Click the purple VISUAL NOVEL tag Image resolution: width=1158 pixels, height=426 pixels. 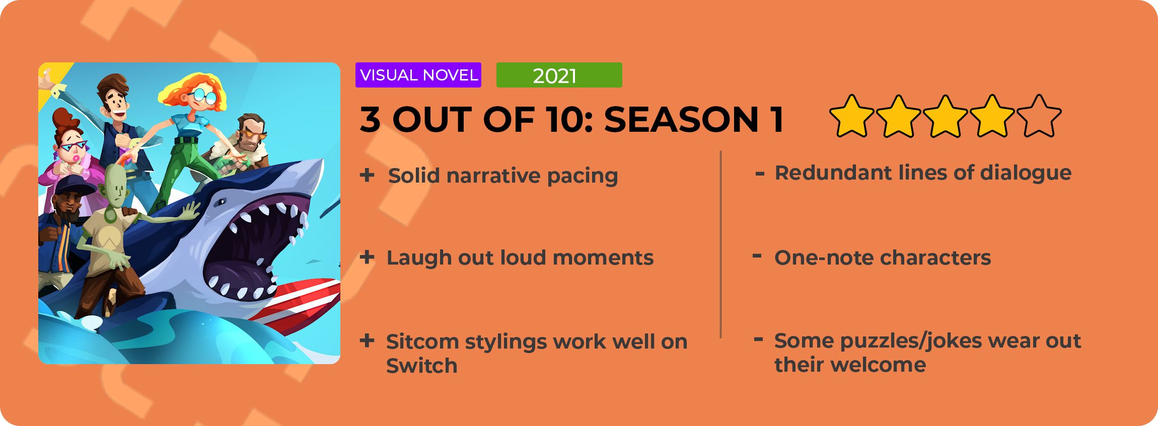pyautogui.click(x=418, y=75)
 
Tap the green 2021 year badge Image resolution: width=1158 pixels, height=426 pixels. pyautogui.click(x=559, y=75)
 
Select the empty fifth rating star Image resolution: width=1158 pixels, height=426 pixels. pyautogui.click(x=1039, y=116)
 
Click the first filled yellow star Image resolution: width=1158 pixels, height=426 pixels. pyautogui.click(x=852, y=116)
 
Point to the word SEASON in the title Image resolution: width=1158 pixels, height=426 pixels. pyautogui.click(x=681, y=120)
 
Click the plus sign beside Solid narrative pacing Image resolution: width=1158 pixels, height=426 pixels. pyautogui.click(x=367, y=175)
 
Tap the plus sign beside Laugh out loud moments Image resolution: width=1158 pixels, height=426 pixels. pyautogui.click(x=367, y=257)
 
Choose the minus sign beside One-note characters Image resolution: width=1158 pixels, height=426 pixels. pyautogui.click(x=757, y=256)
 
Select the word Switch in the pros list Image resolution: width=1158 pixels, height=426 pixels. pyautogui.click(x=422, y=366)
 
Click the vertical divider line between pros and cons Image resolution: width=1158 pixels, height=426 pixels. pyautogui.click(x=721, y=244)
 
